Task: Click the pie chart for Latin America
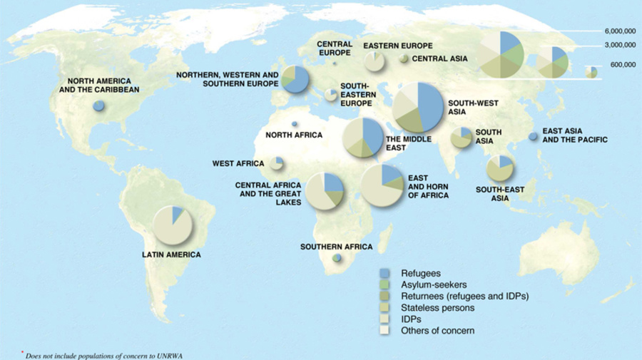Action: [x=173, y=224]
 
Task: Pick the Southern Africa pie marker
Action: [x=337, y=259]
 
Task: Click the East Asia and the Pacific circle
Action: [x=533, y=136]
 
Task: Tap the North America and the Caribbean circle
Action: [x=98, y=106]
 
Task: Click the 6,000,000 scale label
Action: [x=619, y=32]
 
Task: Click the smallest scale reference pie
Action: [x=591, y=71]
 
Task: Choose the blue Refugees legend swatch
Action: [x=383, y=273]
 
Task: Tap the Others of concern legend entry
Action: [x=437, y=331]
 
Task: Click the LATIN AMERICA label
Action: [x=171, y=254]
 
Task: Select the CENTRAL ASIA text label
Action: [x=439, y=58]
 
